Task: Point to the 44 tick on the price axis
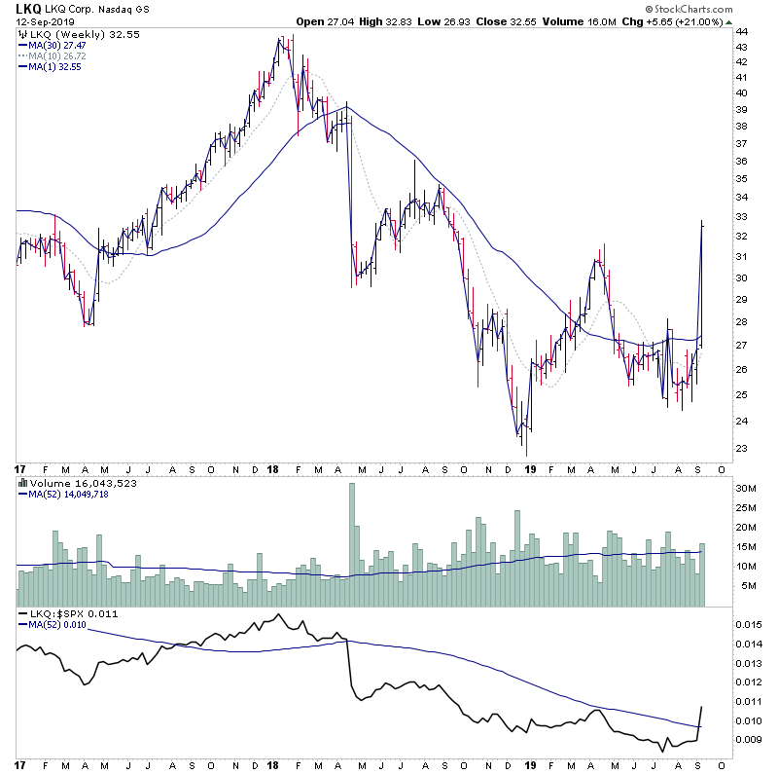[x=742, y=31]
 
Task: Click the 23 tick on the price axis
[x=742, y=449]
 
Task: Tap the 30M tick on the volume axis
[x=746, y=489]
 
